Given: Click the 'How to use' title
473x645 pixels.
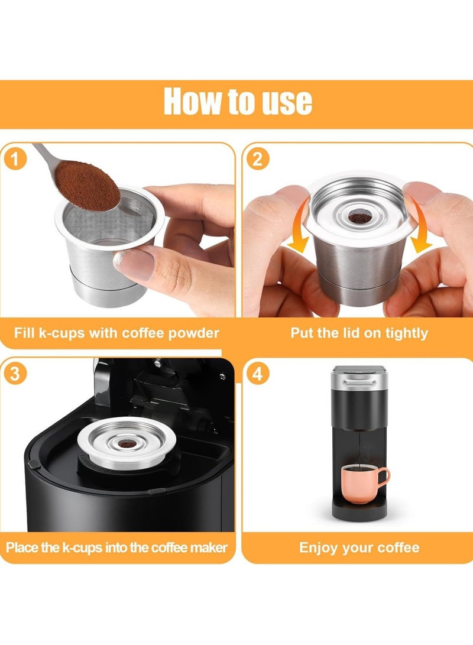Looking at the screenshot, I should [238, 101].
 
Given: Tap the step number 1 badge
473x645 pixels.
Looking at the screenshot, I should [14, 160].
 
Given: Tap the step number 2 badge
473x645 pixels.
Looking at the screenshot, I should [257, 160].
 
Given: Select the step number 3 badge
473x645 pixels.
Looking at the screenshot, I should [14, 375].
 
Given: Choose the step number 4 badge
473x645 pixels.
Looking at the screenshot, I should [257, 375].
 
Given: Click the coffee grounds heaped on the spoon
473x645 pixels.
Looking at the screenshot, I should [88, 184].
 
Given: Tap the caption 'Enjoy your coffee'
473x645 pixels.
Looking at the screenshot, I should [359, 547].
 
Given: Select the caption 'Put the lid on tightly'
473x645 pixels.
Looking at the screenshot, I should [359, 333].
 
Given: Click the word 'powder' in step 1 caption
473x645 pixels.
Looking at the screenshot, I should [193, 333].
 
